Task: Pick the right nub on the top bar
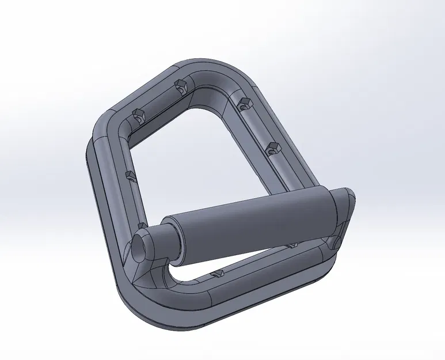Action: (x=180, y=88)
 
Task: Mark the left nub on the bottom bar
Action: (x=217, y=272)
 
